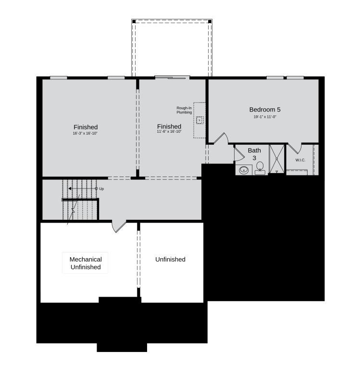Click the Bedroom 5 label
point(265,109)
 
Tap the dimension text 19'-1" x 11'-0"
point(265,117)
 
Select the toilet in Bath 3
point(260,167)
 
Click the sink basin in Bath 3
point(244,170)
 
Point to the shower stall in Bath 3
point(277,159)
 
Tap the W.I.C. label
point(300,160)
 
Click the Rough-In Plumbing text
point(184,110)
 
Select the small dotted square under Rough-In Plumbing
point(200,120)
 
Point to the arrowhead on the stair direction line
point(70,188)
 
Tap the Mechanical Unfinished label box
point(85,263)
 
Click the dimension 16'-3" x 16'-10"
point(86,133)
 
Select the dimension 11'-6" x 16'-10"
point(169,132)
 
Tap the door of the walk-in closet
point(294,148)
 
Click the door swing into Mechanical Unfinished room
point(118,226)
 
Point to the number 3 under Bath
point(254,158)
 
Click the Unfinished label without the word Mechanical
point(170,259)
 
